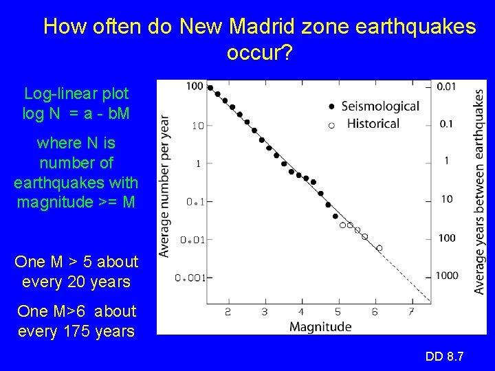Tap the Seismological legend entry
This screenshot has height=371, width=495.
(379, 106)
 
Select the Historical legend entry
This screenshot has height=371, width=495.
(373, 124)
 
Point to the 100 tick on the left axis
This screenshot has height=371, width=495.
(195, 86)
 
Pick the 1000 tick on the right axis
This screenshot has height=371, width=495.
(446, 276)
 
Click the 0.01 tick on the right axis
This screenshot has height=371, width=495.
(447, 86)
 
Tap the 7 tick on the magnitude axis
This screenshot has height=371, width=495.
(411, 313)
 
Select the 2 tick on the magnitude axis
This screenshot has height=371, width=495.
(228, 313)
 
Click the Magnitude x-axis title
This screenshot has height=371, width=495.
(320, 326)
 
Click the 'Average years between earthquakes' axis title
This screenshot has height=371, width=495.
(478, 192)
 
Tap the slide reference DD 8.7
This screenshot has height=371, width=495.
(445, 356)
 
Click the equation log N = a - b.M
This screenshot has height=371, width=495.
(76, 114)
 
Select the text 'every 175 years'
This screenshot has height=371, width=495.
(76, 331)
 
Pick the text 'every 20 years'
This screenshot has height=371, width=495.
(76, 282)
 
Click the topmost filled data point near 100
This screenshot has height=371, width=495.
(210, 87)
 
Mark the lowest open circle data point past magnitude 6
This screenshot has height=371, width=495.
(379, 248)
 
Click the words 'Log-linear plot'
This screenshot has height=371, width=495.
(76, 93)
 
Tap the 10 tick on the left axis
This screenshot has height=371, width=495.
(197, 126)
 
